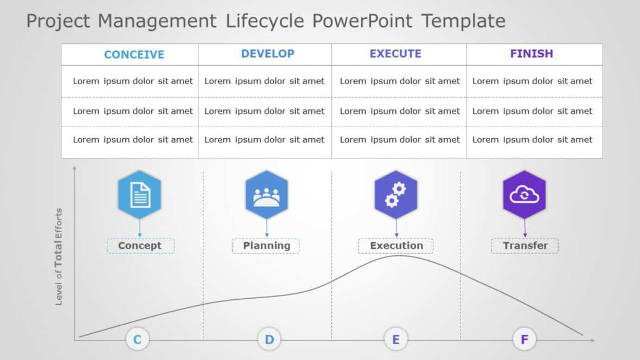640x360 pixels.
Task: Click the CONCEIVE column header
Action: coord(134,54)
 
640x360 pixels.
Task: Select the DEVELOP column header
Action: coord(267,54)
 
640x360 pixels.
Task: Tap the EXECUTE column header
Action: coord(395,54)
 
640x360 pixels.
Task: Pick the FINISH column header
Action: coord(532,54)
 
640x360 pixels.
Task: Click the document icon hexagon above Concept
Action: coord(140,194)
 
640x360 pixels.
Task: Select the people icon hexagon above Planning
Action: coord(266,194)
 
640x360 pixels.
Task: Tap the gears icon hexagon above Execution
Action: coord(396,194)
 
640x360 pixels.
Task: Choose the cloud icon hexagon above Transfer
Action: coord(524,194)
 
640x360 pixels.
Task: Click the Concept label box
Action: coord(140,246)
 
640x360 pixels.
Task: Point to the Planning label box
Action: coord(266,246)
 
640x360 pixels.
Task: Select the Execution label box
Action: coord(396,246)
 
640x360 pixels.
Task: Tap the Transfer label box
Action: coord(525,246)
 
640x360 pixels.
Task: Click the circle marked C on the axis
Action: coord(137,340)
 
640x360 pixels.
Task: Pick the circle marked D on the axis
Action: coord(269,340)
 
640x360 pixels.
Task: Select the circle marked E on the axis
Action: coord(396,340)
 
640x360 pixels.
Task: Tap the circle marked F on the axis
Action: coord(524,340)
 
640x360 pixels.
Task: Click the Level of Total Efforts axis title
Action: coord(59,256)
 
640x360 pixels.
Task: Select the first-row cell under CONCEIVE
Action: coord(133,81)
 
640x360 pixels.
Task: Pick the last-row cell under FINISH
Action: coord(532,140)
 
